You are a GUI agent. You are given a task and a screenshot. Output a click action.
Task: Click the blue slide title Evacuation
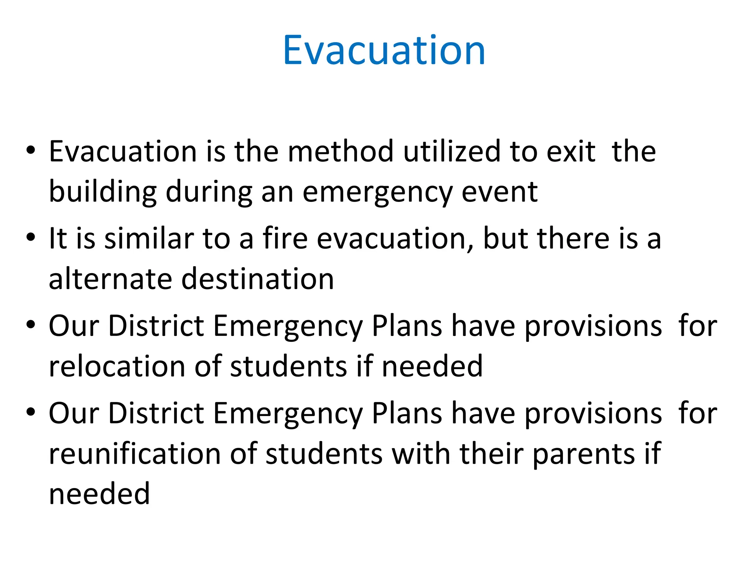pyautogui.click(x=384, y=51)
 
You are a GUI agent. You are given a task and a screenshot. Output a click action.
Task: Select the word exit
pyautogui.click(x=571, y=151)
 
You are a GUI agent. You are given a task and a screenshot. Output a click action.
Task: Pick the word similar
pyautogui.click(x=149, y=238)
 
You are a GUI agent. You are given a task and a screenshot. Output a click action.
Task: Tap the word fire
pyautogui.click(x=285, y=238)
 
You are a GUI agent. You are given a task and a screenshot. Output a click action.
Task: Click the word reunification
pyautogui.click(x=134, y=453)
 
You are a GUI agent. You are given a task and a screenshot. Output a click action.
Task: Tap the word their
pyautogui.click(x=491, y=453)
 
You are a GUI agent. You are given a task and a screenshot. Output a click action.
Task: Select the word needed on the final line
pyautogui.click(x=99, y=494)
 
